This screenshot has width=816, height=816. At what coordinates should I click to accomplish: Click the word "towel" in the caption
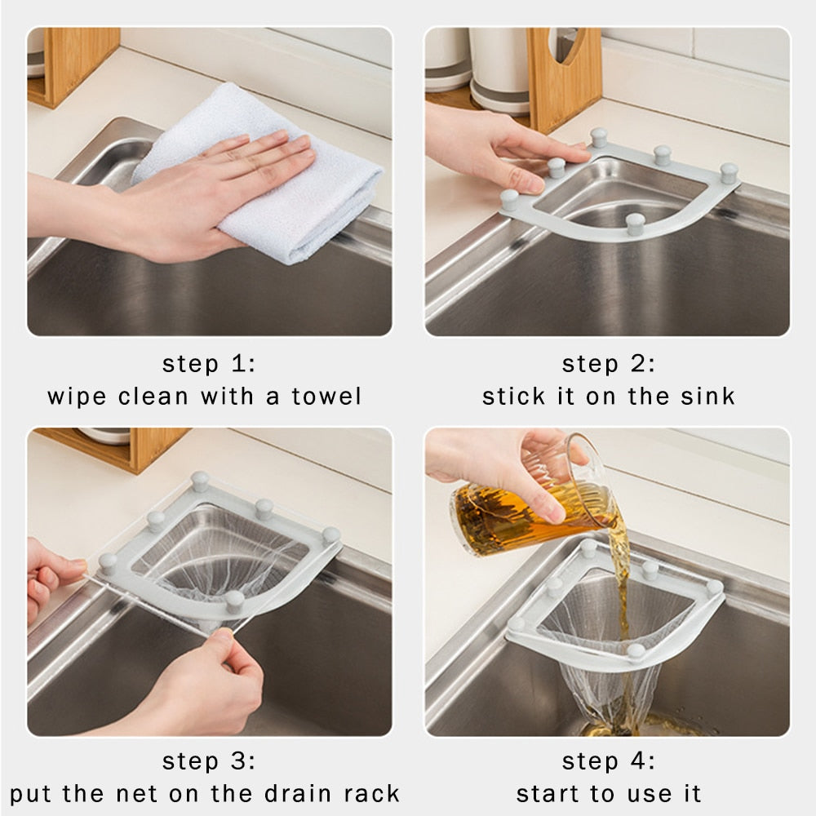(x=324, y=397)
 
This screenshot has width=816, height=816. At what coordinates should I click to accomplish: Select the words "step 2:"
(x=608, y=364)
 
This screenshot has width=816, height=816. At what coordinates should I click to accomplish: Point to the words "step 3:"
(x=209, y=761)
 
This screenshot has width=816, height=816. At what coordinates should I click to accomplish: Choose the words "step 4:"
(x=608, y=761)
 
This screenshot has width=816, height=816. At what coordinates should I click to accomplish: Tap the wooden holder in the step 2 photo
(x=563, y=78)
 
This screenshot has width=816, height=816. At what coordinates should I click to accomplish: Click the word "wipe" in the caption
(x=78, y=397)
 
